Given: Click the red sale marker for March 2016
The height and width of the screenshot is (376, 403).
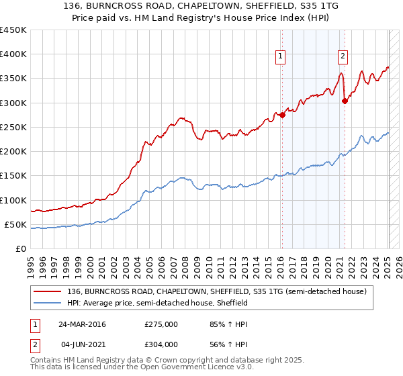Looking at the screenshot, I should coord(282,115).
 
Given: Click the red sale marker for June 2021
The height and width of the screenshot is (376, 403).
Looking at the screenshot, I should coord(345,101).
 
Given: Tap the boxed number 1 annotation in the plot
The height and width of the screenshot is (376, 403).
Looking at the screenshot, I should coord(280,56).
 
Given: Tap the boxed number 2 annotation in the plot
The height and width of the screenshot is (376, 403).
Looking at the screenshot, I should coord(343,56).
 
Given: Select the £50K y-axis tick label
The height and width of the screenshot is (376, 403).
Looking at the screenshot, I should coord(16,224).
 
